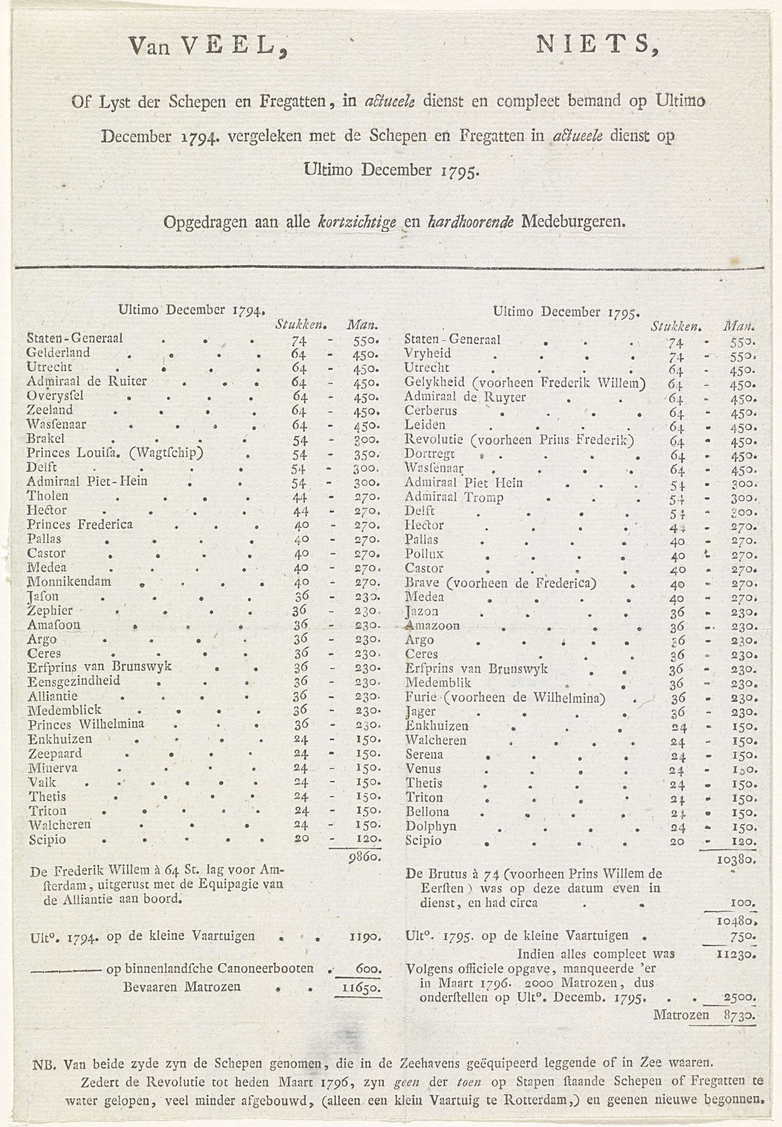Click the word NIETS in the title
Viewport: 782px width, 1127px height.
coord(597,46)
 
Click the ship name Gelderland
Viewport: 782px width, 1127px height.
coord(58,352)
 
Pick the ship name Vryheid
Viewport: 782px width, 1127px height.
coord(428,353)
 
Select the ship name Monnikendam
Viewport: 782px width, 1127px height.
coord(69,582)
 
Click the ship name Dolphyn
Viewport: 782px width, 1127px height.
coord(431,826)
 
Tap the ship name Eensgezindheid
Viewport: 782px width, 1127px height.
coord(74,681)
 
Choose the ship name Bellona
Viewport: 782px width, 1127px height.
coord(427,811)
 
